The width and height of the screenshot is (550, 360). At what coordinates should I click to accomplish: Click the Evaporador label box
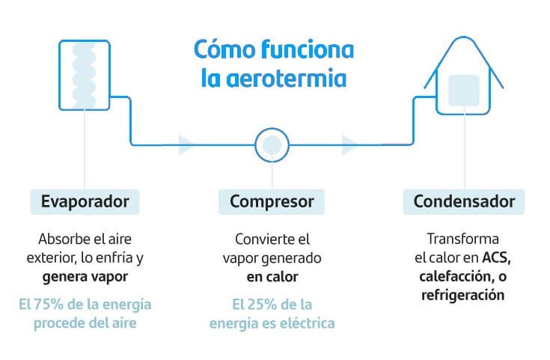click(x=85, y=201)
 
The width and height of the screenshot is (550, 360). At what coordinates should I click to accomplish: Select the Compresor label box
click(x=272, y=201)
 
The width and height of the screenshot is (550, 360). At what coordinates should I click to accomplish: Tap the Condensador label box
click(x=463, y=201)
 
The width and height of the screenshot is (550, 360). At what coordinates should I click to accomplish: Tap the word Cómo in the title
click(x=219, y=49)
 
